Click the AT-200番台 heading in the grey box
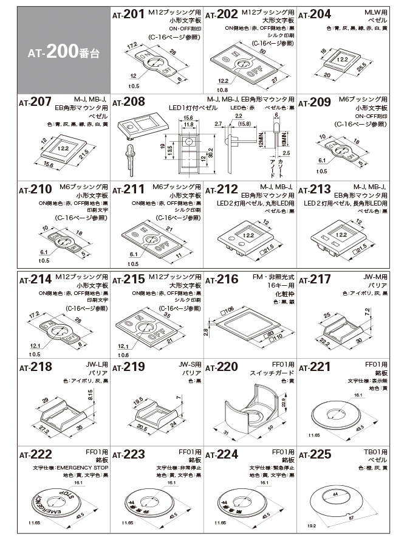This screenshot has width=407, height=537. [63, 52]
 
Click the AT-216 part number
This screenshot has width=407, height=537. [222, 280]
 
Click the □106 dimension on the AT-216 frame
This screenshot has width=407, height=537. [228, 310]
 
